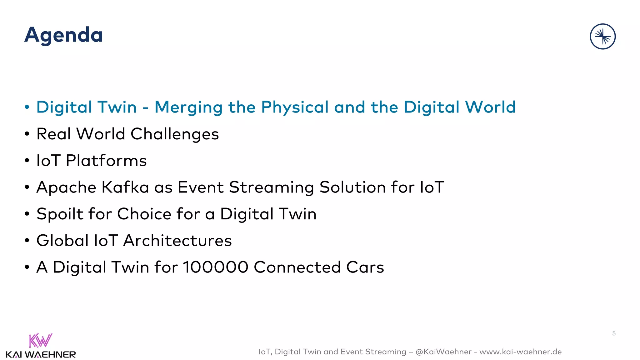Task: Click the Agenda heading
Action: (x=63, y=35)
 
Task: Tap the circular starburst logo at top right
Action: (x=602, y=37)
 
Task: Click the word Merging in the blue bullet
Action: (x=188, y=107)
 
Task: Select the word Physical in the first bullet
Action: (x=295, y=107)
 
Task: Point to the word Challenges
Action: (x=174, y=134)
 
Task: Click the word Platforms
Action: (x=106, y=161)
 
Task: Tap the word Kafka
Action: (x=125, y=187)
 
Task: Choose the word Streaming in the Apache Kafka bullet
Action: (x=271, y=187)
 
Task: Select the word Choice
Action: (x=144, y=214)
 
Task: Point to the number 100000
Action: (x=215, y=267)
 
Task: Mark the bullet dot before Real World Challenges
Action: (x=27, y=134)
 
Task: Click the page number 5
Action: (x=614, y=333)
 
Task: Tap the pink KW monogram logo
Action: (x=40, y=340)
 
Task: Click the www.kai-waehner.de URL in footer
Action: (x=520, y=352)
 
